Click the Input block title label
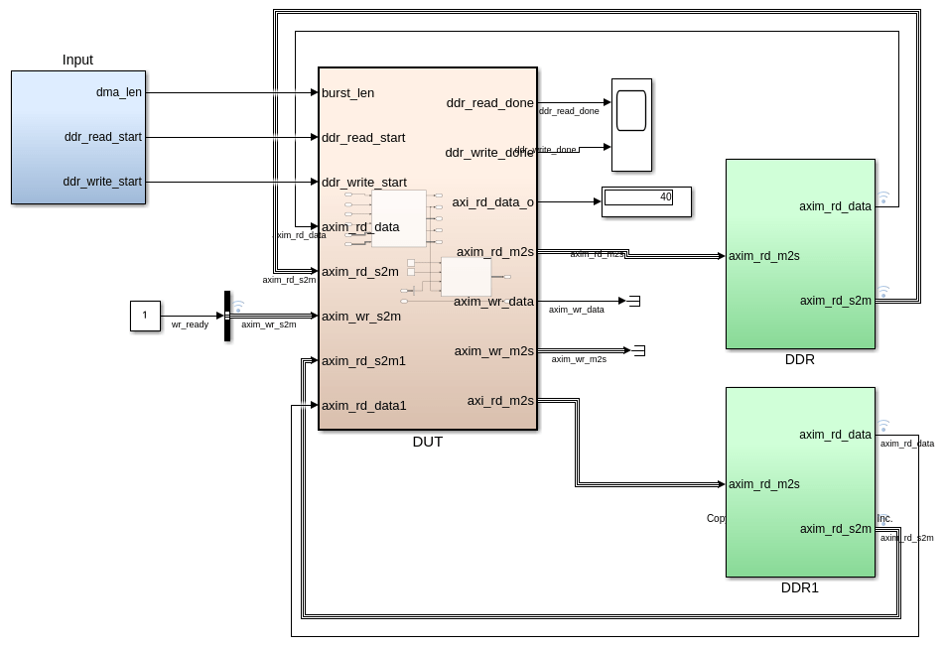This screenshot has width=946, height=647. point(77,60)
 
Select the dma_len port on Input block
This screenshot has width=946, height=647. point(118,92)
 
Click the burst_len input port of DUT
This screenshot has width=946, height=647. point(347,93)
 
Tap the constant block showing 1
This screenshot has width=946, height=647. point(145,316)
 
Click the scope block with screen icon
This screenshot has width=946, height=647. point(631,124)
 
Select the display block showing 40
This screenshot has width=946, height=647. point(645,200)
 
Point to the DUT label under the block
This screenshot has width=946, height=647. point(428,442)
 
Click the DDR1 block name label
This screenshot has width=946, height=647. point(800,587)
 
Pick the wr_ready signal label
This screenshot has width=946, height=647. point(190,324)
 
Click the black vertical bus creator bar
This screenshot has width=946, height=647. point(227,316)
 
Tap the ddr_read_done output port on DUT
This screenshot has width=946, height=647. point(489,103)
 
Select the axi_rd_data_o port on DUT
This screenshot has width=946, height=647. point(492,202)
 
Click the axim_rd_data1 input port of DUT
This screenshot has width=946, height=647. point(363,406)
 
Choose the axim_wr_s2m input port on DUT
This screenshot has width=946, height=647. point(360,317)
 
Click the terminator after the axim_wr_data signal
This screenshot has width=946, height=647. point(634,301)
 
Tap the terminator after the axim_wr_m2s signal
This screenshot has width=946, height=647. point(639,350)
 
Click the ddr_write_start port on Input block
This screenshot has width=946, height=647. point(102,182)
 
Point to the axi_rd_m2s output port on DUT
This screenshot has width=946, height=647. point(500,401)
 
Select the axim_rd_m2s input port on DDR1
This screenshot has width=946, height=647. point(764,484)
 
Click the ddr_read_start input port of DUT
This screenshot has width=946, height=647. point(362,138)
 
